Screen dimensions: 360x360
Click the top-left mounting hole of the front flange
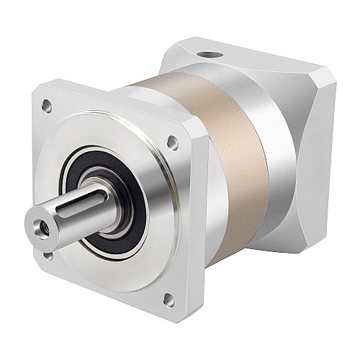pos(48,106)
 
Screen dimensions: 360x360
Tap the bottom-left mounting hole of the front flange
pos(47,253)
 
